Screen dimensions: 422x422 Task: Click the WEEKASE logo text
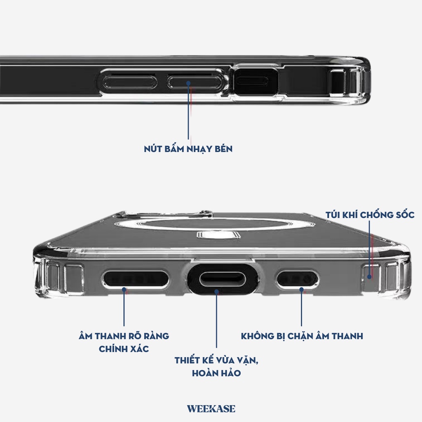point(211,409)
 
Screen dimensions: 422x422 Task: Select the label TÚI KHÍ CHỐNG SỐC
point(370,215)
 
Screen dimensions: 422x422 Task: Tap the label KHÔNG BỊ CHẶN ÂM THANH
point(302,336)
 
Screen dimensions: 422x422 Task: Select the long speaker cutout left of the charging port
point(136,280)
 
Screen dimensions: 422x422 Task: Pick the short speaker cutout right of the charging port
point(297,280)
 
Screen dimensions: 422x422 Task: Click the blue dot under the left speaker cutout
point(124,290)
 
